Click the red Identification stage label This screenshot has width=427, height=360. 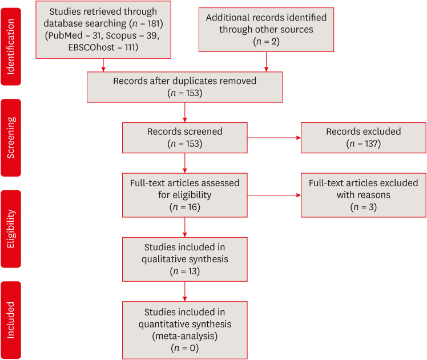11,43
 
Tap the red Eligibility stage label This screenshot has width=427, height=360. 11,229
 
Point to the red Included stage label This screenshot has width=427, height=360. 11,319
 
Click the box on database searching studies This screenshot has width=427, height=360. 103,29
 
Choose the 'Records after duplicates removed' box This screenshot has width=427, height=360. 186,87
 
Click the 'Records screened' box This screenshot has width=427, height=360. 185,137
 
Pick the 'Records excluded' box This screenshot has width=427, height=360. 364,137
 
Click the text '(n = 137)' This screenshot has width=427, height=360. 364,143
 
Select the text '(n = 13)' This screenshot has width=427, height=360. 185,271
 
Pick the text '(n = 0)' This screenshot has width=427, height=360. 185,347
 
